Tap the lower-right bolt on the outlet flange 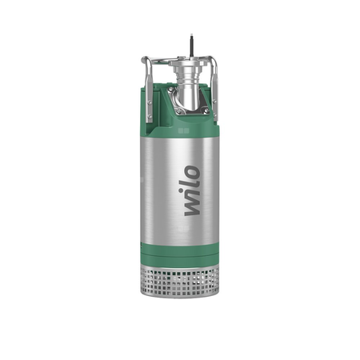(x=206, y=110)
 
